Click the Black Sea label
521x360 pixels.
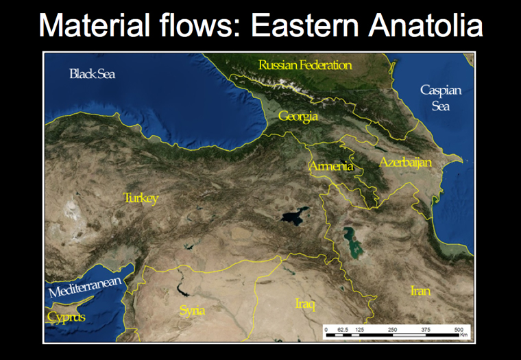tap(93, 74)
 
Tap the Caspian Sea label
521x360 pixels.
tap(441, 98)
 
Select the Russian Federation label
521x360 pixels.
tap(305, 65)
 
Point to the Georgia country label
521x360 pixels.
tap(298, 117)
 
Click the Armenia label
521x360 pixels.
tap(331, 165)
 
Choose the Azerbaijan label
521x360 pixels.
tap(405, 163)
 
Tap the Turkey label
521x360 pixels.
tap(141, 198)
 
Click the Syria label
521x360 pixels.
tap(192, 311)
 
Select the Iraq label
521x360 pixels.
tap(305, 304)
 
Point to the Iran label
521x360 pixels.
tap(421, 291)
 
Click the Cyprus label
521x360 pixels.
tap(66, 317)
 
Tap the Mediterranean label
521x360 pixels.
tap(85, 287)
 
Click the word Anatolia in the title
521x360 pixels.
tap(426, 25)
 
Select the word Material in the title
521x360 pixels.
tap(95, 25)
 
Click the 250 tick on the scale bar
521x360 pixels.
tap(392, 330)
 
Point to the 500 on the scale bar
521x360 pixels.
tap(459, 330)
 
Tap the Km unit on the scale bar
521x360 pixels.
tap(464, 335)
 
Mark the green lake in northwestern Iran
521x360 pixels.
tap(352, 243)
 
